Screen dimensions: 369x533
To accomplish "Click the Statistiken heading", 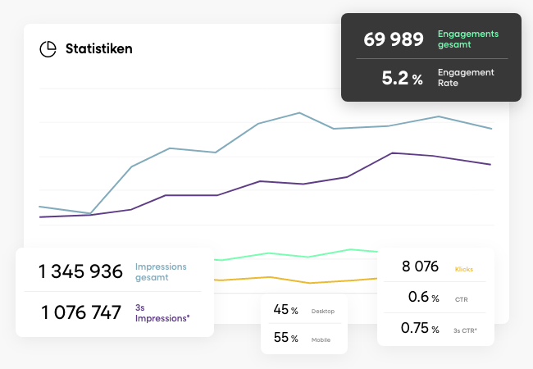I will click(98, 48).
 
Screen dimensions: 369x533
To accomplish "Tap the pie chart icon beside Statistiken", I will click(48, 48).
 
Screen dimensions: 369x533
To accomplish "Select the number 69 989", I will click(394, 39).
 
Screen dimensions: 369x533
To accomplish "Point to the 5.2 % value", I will click(403, 79).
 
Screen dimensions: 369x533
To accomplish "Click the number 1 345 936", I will click(81, 271).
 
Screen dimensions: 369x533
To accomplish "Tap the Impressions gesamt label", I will click(161, 271).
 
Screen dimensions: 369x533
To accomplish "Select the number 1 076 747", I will click(81, 312).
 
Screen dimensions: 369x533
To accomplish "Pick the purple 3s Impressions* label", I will click(162, 312).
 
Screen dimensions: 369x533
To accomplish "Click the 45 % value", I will click(285, 310).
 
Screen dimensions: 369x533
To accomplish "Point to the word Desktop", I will click(323, 312).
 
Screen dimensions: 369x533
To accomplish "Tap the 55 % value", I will click(285, 338).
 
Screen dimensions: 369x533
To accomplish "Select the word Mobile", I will click(322, 339).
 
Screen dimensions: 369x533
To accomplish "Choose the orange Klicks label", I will click(463, 268).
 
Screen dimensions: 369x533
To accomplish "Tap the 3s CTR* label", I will click(465, 329).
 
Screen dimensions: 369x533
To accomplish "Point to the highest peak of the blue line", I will click(299, 112).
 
